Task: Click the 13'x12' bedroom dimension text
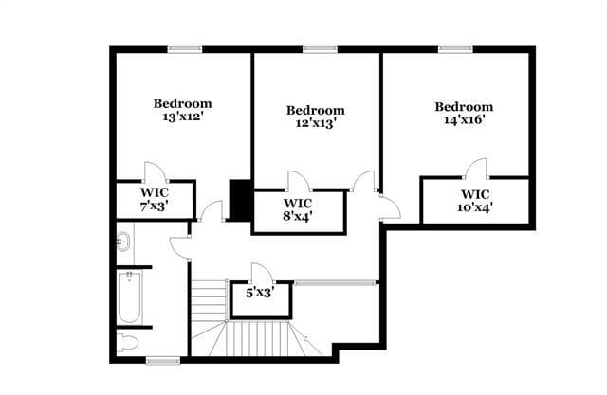(x=183, y=117)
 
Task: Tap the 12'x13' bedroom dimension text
(x=316, y=123)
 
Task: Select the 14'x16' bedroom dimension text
(x=464, y=120)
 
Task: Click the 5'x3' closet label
(x=260, y=293)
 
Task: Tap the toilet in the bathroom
(x=128, y=341)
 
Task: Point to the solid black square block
(x=240, y=198)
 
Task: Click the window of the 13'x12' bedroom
(x=184, y=48)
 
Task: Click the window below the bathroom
(x=162, y=360)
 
